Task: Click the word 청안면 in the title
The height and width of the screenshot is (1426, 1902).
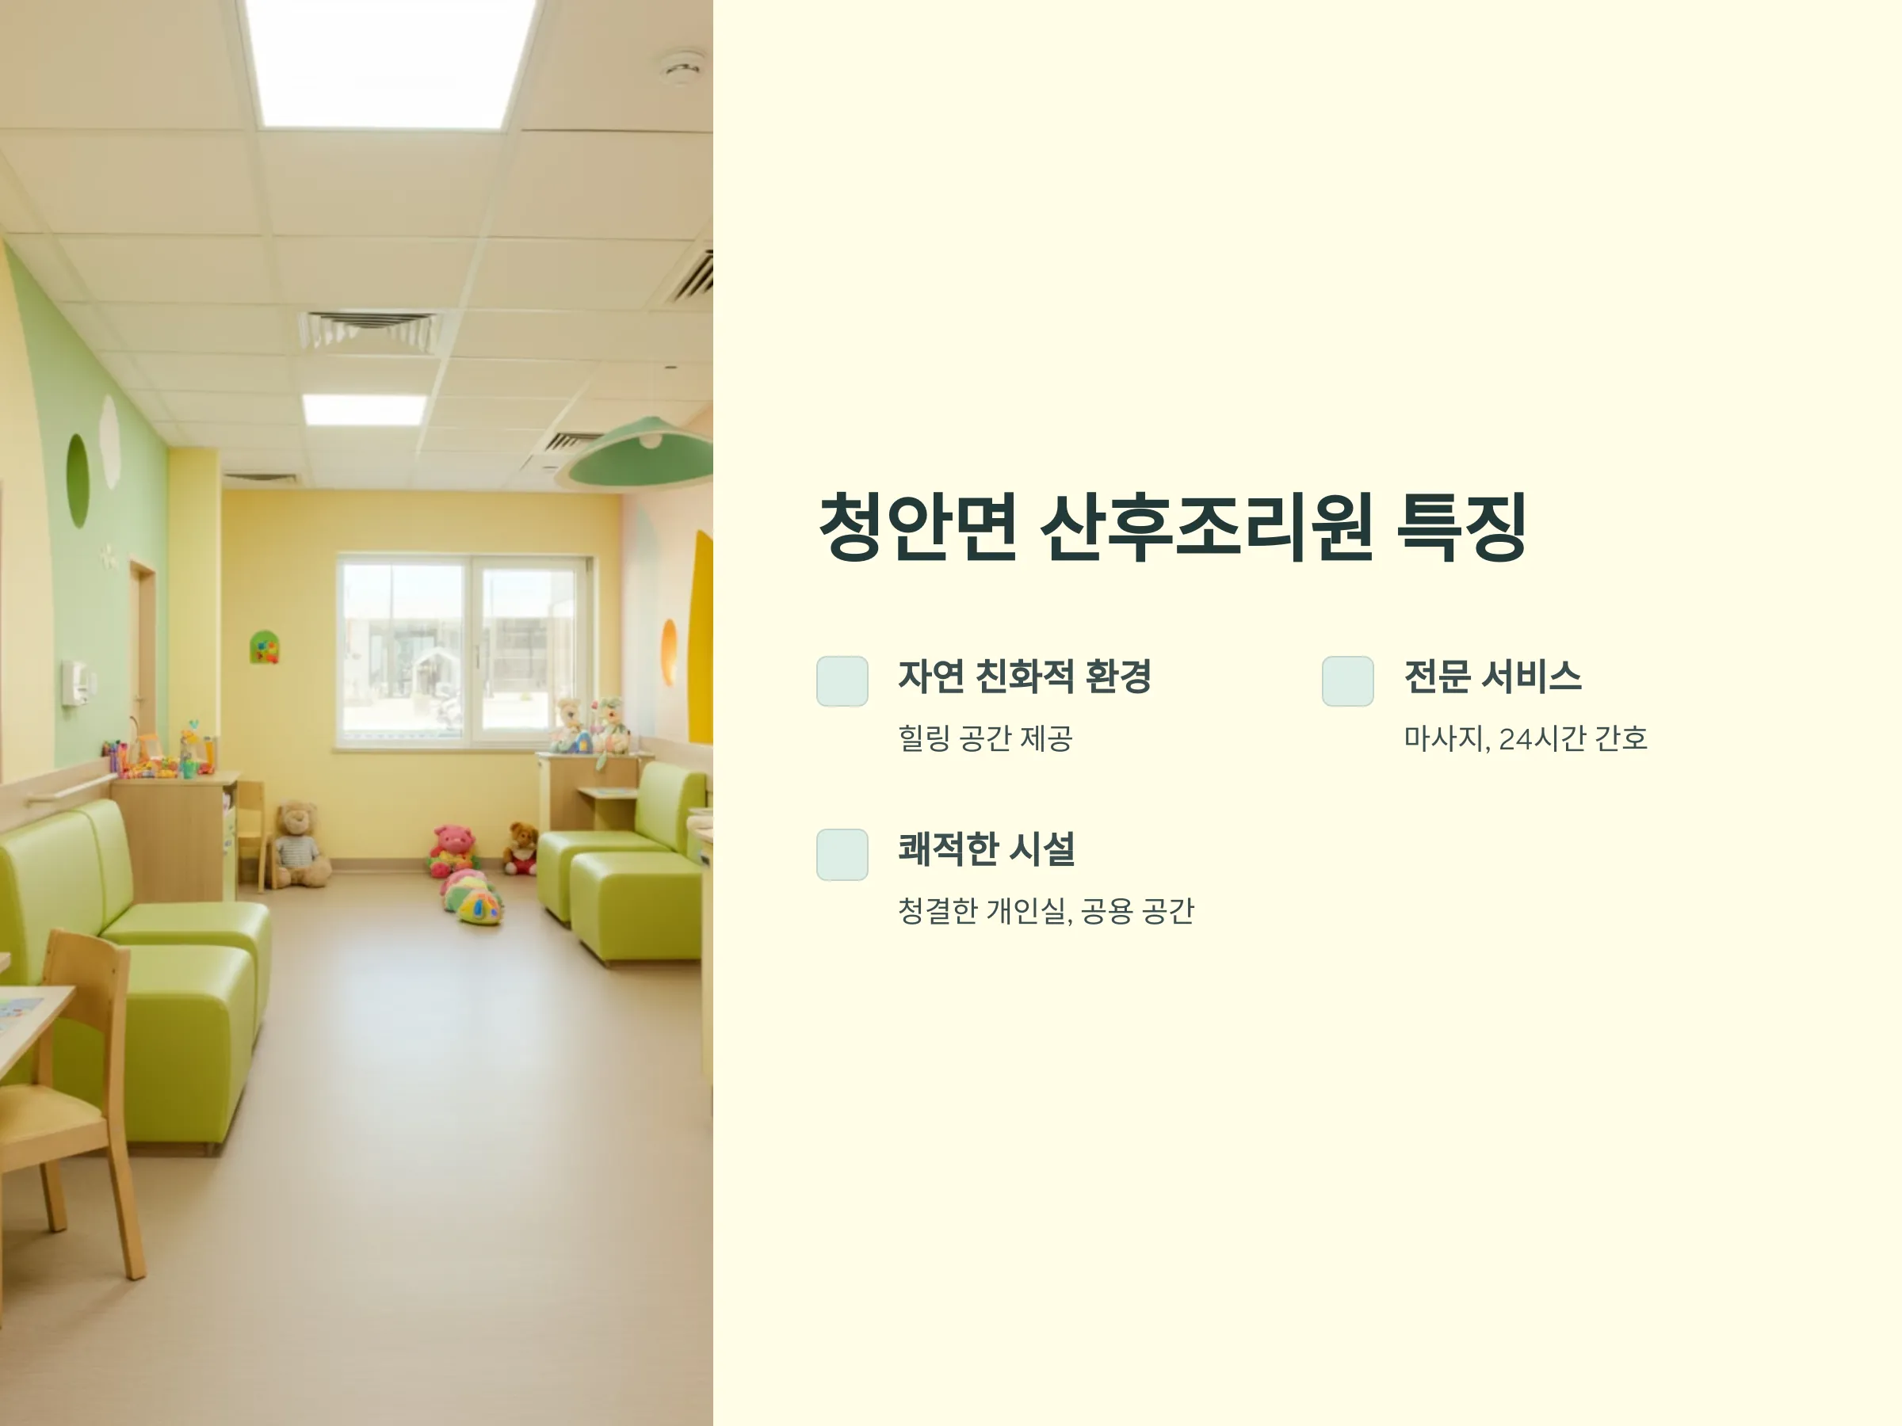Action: tap(918, 527)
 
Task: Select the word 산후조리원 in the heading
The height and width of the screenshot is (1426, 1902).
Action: tap(1206, 527)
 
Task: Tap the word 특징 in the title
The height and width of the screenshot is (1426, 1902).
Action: tap(1461, 527)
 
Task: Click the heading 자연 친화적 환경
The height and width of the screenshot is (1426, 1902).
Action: tap(1024, 677)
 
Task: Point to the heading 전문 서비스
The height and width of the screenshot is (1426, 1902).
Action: tap(1491, 677)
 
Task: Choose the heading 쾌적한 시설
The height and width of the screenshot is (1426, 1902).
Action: tap(986, 849)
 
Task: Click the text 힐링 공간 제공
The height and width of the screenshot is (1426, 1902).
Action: tap(985, 738)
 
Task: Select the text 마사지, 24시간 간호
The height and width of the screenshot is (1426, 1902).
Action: tap(1526, 738)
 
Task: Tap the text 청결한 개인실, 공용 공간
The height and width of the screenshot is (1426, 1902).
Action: tap(1045, 911)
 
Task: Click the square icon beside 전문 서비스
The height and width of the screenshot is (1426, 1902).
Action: tap(1347, 681)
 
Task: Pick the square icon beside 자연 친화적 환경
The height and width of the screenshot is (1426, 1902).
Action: tap(842, 681)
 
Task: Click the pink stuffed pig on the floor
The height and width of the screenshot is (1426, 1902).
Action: tap(453, 850)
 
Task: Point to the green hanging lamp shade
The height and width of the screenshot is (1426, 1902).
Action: tap(639, 454)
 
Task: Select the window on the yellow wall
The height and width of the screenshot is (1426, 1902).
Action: tap(464, 650)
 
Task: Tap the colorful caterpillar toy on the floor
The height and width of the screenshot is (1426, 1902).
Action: tap(473, 897)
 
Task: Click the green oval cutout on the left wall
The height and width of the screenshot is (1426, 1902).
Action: tap(78, 481)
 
